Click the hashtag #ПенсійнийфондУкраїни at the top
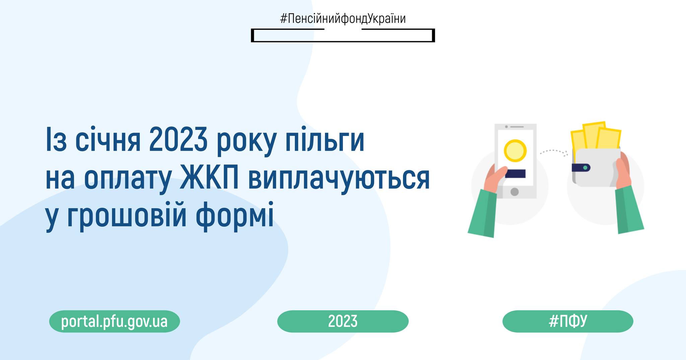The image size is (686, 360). [343, 19]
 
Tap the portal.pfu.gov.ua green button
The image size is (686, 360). [115, 321]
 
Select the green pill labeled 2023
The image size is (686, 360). [343, 321]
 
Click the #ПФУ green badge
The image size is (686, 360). [568, 321]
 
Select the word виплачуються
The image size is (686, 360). [339, 179]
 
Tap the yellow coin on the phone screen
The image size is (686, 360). [515, 151]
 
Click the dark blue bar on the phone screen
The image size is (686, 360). [515, 173]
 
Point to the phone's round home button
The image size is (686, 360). [514, 192]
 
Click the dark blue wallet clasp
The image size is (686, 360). [581, 167]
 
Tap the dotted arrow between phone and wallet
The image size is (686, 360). [553, 152]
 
